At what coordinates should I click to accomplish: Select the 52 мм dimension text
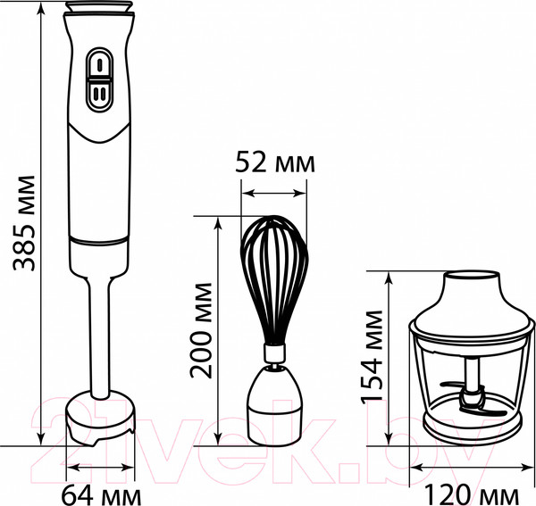(273, 162)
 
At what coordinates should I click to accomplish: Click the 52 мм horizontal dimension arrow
(274, 191)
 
